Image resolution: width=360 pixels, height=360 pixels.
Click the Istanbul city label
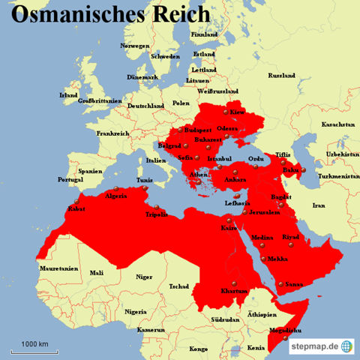220,159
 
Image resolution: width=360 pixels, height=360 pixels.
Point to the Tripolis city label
156,213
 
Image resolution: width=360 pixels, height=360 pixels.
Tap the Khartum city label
235,290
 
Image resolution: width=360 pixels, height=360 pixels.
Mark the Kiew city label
238,112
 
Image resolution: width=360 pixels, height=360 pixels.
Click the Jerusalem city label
264,212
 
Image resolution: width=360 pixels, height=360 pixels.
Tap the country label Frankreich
113,133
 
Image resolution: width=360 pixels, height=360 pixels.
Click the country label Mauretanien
59,268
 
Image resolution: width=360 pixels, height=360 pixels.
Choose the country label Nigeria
136,311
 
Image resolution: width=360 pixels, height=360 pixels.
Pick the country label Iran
319,205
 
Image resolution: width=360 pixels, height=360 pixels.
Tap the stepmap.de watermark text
310,346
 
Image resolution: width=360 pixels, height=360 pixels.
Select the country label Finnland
205,34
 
